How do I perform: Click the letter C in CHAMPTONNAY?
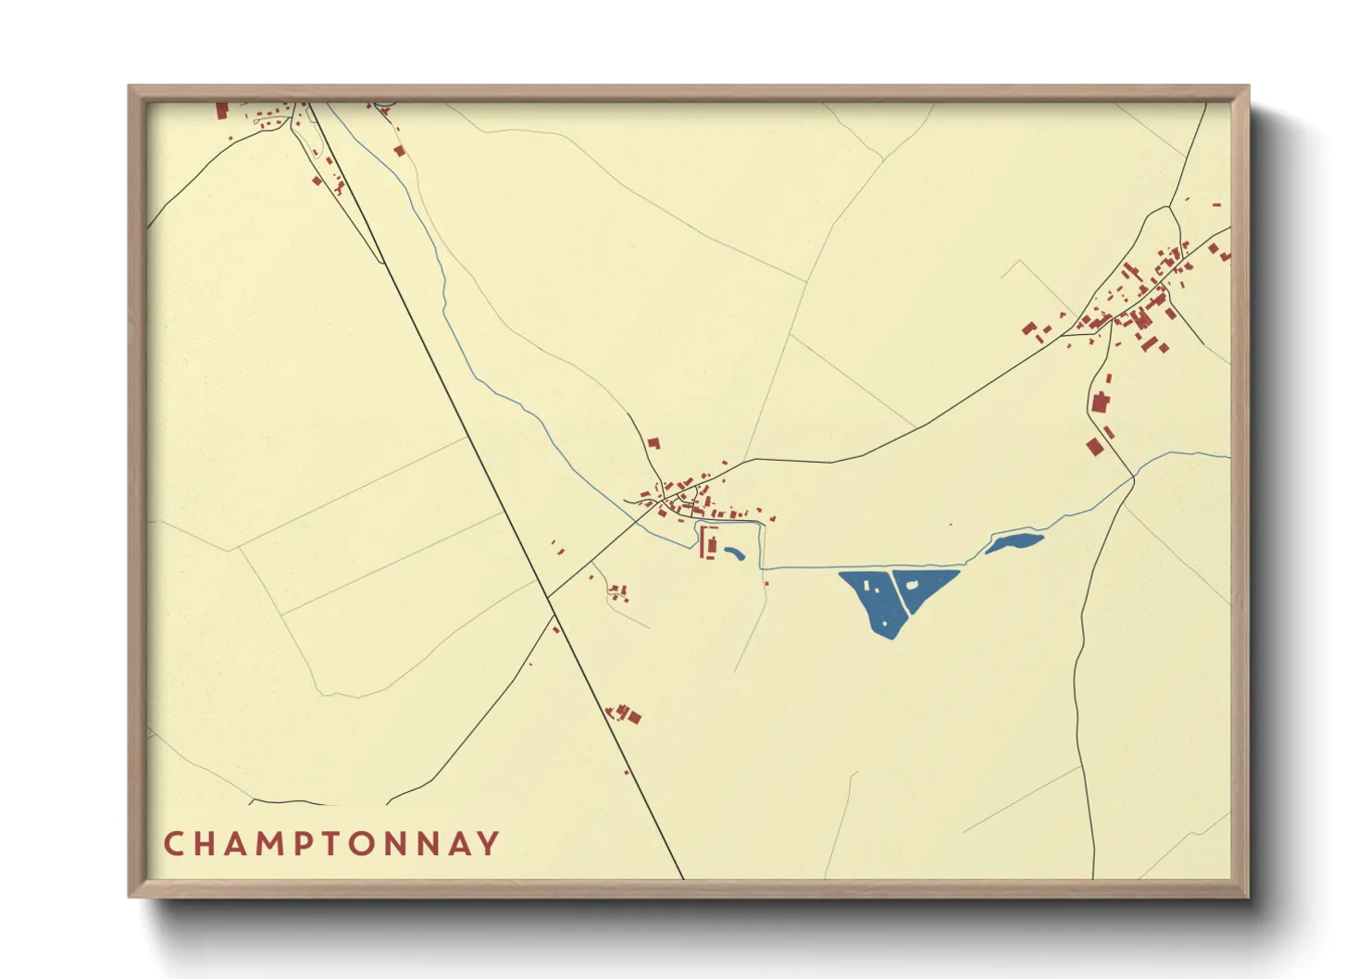pos(173,844)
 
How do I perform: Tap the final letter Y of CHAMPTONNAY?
pos(490,844)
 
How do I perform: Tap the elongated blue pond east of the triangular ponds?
pos(1015,542)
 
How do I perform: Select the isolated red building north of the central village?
pos(654,443)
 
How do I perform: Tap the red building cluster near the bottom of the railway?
pos(625,713)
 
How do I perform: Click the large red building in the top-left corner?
pos(222,110)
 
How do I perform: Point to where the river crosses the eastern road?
pos(1134,477)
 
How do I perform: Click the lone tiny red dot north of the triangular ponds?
pos(951,525)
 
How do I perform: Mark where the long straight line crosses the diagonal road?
pos(548,596)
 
